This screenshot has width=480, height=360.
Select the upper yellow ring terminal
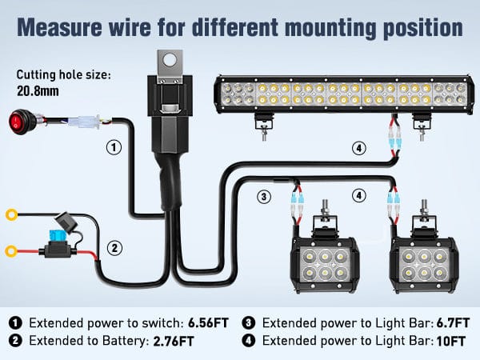pos(12,214)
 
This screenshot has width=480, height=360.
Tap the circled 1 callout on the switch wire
pos(114,147)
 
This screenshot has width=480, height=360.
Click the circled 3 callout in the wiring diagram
pos(263,195)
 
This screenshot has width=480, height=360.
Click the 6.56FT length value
pos(207,323)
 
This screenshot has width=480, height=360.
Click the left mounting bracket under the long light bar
pos(263,122)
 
